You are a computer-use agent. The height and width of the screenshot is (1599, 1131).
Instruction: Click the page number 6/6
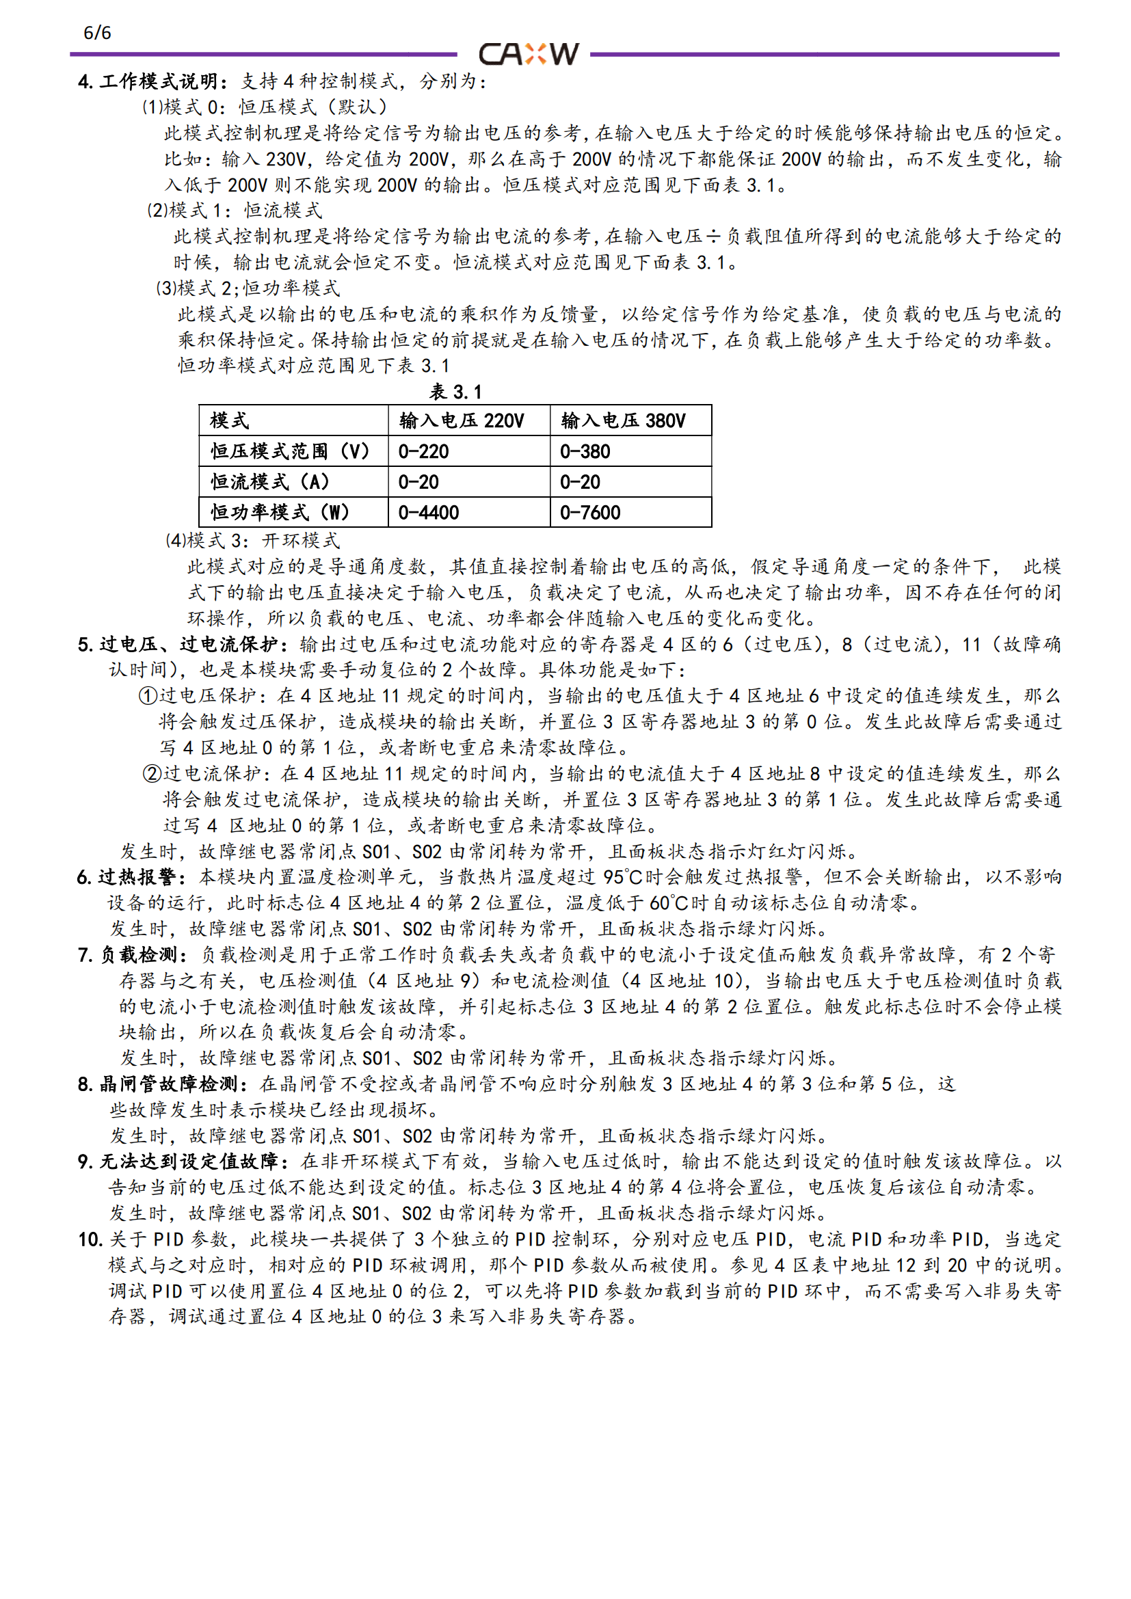pyautogui.click(x=97, y=33)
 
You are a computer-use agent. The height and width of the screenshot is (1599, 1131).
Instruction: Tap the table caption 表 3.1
pyautogui.click(x=455, y=392)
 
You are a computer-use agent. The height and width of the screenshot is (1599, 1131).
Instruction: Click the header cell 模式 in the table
pyautogui.click(x=229, y=420)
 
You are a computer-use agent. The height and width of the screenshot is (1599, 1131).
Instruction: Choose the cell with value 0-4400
pyautogui.click(x=428, y=513)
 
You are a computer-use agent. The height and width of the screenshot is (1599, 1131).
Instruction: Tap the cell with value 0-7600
pyautogui.click(x=590, y=513)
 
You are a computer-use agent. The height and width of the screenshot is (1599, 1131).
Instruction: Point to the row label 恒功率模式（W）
pyautogui.click(x=280, y=513)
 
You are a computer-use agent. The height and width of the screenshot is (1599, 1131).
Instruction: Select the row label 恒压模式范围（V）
pyautogui.click(x=290, y=451)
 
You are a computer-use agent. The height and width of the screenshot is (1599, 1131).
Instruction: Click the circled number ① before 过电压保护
pyautogui.click(x=148, y=696)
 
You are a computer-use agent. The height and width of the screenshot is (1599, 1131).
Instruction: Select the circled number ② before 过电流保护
pyautogui.click(x=152, y=774)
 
